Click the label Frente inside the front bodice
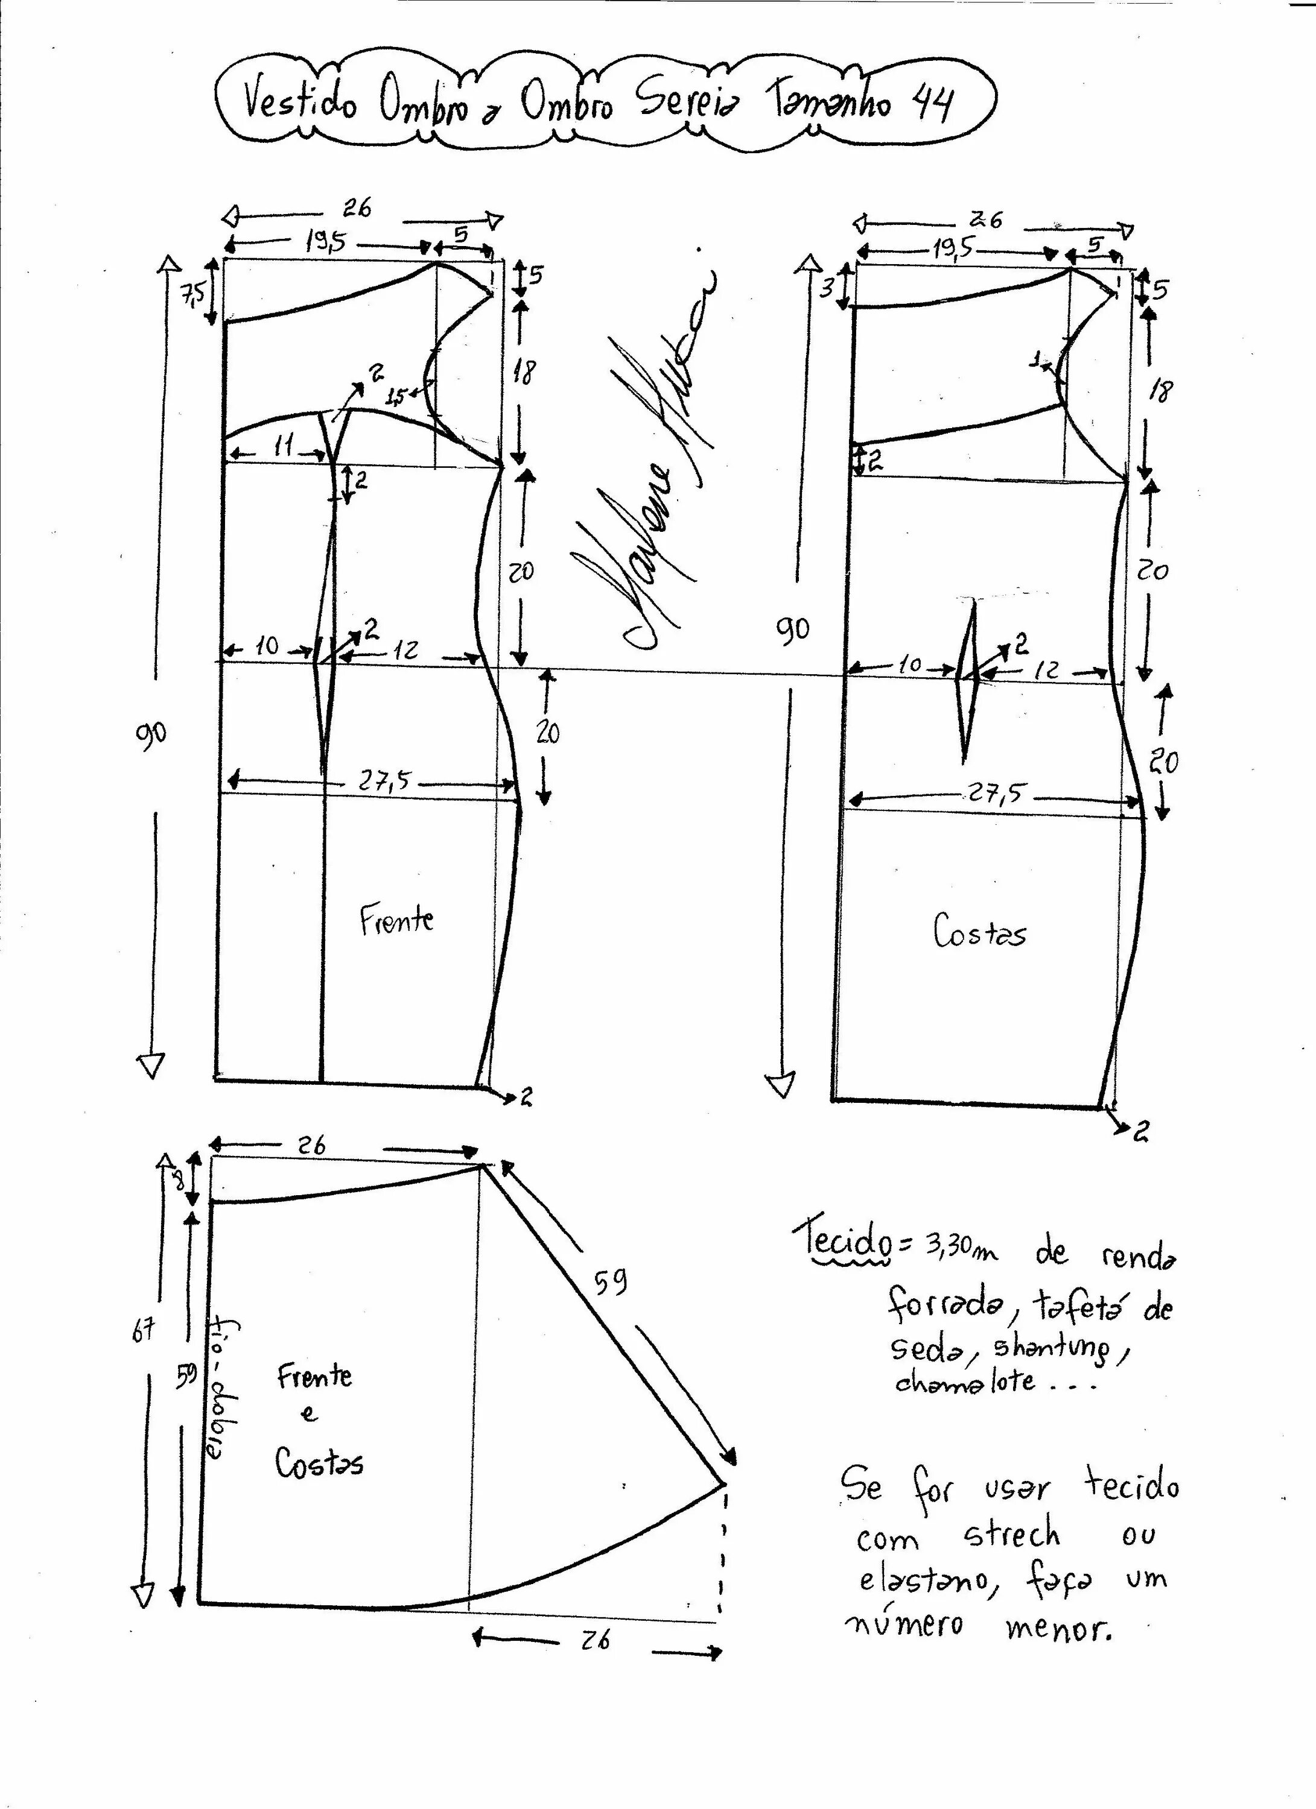point(396,919)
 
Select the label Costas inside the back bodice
point(979,931)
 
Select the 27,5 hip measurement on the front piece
point(383,781)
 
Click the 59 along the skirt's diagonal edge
point(611,1281)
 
